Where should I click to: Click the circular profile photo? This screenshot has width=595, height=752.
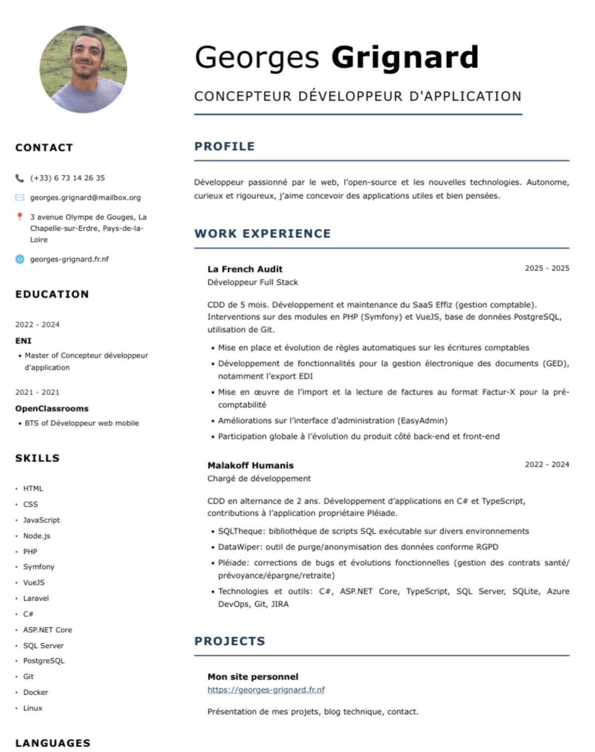pyautogui.click(x=83, y=69)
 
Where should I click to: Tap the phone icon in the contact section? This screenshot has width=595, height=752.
pyautogui.click(x=20, y=178)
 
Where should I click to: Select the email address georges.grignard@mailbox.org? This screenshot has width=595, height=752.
pyautogui.click(x=85, y=198)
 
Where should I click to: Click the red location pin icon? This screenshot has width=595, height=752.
pyautogui.click(x=20, y=217)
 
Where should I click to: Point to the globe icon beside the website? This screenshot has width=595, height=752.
pyautogui.click(x=20, y=259)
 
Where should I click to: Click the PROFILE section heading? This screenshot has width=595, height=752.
pyautogui.click(x=225, y=146)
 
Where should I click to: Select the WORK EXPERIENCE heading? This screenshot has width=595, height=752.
pyautogui.click(x=263, y=234)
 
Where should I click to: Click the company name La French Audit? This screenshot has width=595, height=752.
pyautogui.click(x=245, y=269)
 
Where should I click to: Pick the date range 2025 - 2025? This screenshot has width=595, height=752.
pyautogui.click(x=547, y=268)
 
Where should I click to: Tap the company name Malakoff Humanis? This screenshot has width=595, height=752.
pyautogui.click(x=251, y=465)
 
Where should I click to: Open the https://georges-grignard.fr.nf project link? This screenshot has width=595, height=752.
pyautogui.click(x=266, y=690)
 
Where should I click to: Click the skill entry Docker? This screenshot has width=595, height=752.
pyautogui.click(x=36, y=692)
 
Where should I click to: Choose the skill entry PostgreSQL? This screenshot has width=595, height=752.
pyautogui.click(x=44, y=661)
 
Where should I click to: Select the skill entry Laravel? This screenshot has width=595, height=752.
pyautogui.click(x=36, y=598)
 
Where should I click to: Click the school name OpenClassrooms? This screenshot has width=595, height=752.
pyautogui.click(x=52, y=408)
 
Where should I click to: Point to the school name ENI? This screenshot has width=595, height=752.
pyautogui.click(x=23, y=341)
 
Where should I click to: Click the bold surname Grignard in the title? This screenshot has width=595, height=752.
pyautogui.click(x=405, y=57)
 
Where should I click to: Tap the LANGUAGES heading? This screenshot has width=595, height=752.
pyautogui.click(x=53, y=743)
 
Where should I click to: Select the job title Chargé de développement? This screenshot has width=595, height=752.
pyautogui.click(x=259, y=479)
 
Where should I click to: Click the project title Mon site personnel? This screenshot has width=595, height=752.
pyautogui.click(x=253, y=677)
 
